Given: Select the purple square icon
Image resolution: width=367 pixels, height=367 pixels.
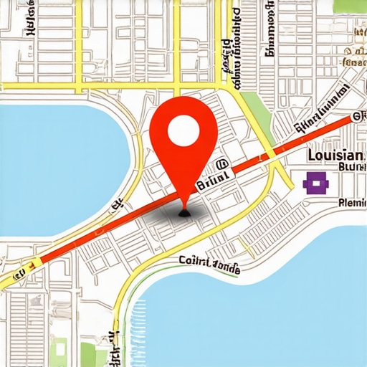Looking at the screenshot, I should [x=315, y=183].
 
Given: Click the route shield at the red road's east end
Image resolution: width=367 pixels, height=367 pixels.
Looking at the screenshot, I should [x=356, y=117].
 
